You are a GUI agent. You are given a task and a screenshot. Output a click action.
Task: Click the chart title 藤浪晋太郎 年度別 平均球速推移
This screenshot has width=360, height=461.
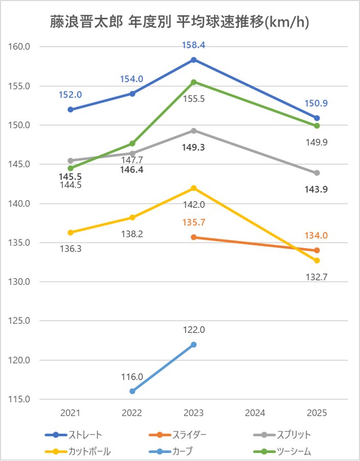click(x=180, y=22)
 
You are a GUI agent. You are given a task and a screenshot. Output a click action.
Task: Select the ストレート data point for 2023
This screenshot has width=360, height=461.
click(x=194, y=60)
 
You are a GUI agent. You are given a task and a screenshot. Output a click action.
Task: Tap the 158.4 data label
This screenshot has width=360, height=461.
click(x=194, y=45)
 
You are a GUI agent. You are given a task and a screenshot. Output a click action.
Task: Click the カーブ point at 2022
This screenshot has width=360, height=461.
click(x=132, y=391)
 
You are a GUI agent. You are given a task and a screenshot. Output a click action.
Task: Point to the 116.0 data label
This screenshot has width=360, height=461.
click(x=132, y=377)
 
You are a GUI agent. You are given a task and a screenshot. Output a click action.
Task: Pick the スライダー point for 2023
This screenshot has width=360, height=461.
click(x=194, y=237)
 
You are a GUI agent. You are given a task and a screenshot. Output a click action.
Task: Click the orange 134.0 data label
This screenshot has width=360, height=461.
click(x=317, y=236)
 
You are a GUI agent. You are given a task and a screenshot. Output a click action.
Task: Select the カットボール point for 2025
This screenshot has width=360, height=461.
click(x=317, y=260)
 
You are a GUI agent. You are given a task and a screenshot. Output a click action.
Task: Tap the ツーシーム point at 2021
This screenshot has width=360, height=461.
click(x=70, y=168)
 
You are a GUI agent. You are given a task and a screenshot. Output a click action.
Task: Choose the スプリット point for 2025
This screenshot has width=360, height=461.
click(x=317, y=173)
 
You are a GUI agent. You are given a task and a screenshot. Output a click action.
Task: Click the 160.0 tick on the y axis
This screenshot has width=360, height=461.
click(x=20, y=47)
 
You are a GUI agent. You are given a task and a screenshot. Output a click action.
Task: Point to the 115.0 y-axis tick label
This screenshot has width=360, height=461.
click(x=20, y=399)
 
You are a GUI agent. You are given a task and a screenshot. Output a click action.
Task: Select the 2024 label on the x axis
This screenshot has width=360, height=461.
click(x=255, y=413)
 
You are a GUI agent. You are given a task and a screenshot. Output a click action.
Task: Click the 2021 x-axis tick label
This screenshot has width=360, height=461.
click(x=70, y=413)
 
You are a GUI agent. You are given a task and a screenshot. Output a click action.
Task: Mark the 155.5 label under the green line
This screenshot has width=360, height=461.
click(x=194, y=99)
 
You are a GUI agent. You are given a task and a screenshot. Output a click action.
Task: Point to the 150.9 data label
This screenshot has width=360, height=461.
click(x=317, y=104)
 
